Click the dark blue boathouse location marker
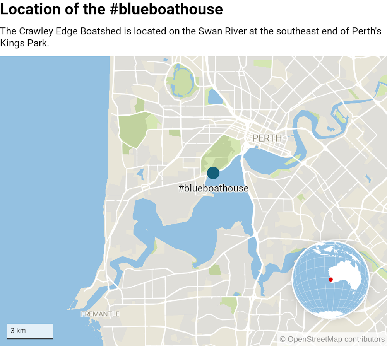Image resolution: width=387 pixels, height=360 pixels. coord(213,173)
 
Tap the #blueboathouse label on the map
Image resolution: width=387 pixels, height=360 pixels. coord(213,188)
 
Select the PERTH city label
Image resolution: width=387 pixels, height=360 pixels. coord(267,138)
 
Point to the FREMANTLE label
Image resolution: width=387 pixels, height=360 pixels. coord(100,314)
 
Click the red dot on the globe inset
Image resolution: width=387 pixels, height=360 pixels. coord(330,279)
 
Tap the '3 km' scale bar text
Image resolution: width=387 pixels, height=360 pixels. coord(18,331)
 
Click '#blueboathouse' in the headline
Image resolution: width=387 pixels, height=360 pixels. coord(166,9)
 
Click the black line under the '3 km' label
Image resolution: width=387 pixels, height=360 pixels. coord(30,338)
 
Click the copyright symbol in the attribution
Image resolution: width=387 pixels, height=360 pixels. coord(283,340)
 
